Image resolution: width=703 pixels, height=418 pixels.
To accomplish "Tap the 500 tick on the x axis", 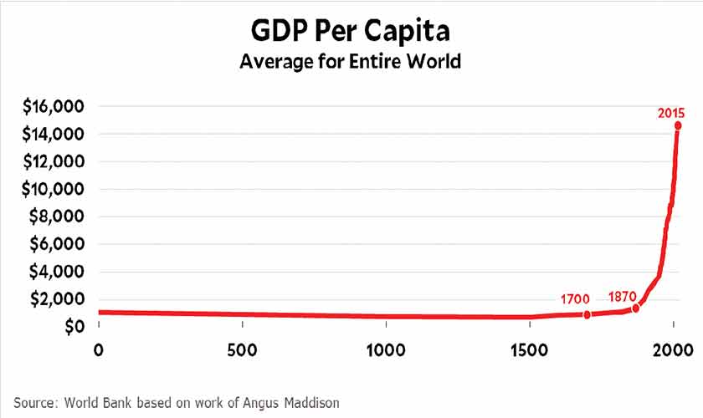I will click(x=242, y=349).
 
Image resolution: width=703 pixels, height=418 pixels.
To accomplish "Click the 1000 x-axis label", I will click(x=386, y=349).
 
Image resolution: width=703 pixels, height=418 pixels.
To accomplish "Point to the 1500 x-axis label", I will click(x=529, y=349).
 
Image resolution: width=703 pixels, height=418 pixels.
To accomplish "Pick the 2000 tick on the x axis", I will click(x=673, y=349).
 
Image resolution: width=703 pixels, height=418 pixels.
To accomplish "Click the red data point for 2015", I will click(x=678, y=125).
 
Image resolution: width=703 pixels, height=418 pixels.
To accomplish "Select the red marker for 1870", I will click(x=635, y=308).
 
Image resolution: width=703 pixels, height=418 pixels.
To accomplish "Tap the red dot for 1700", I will click(x=587, y=314).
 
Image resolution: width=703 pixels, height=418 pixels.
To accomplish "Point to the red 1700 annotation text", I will click(x=576, y=298).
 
